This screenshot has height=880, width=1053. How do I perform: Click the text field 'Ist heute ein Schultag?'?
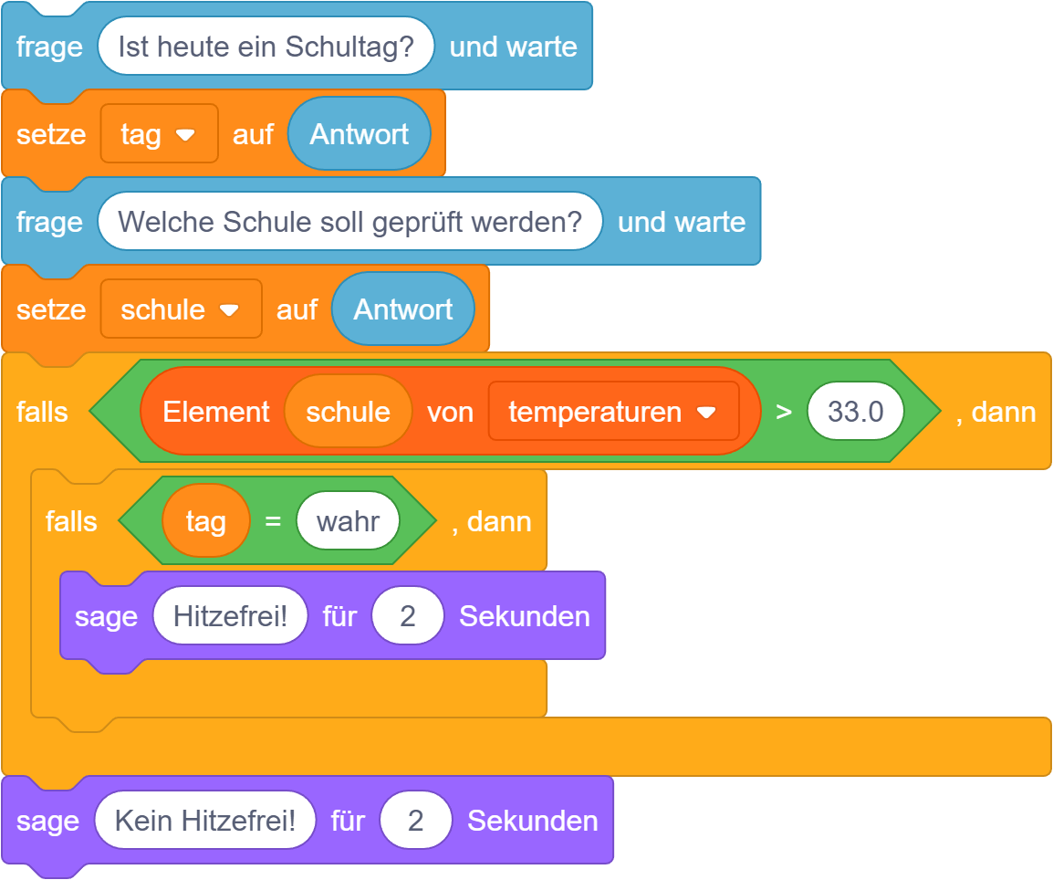click(x=266, y=47)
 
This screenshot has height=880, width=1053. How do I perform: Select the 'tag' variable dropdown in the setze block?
click(x=159, y=134)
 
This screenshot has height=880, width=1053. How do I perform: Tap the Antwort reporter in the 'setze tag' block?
click(x=359, y=134)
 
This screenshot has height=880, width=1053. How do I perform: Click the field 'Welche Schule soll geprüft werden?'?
click(x=349, y=222)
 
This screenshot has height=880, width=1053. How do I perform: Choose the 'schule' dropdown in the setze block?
click(x=181, y=309)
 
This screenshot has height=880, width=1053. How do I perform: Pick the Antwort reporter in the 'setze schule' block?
click(x=402, y=309)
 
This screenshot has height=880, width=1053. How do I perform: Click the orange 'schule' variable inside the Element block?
click(x=348, y=412)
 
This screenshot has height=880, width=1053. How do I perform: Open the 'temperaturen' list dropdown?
click(x=612, y=412)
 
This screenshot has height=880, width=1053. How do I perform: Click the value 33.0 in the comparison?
click(x=855, y=412)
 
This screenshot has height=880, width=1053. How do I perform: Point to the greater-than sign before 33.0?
click(x=783, y=412)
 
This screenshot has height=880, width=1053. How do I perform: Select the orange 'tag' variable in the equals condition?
click(x=205, y=521)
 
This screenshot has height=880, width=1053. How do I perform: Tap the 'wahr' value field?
click(x=348, y=521)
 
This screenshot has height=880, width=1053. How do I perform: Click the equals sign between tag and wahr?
click(x=272, y=521)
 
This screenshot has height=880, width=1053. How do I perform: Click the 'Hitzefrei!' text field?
click(x=230, y=616)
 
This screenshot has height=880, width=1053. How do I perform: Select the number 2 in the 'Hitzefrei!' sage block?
click(x=407, y=616)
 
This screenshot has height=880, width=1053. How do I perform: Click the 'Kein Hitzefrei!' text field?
click(x=205, y=821)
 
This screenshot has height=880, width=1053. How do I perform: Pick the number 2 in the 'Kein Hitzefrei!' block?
click(x=415, y=821)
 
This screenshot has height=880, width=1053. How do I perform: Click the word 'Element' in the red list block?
click(x=215, y=412)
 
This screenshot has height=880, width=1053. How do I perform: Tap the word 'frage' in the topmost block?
click(x=49, y=47)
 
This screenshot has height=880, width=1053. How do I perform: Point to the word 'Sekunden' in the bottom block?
click(x=532, y=821)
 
